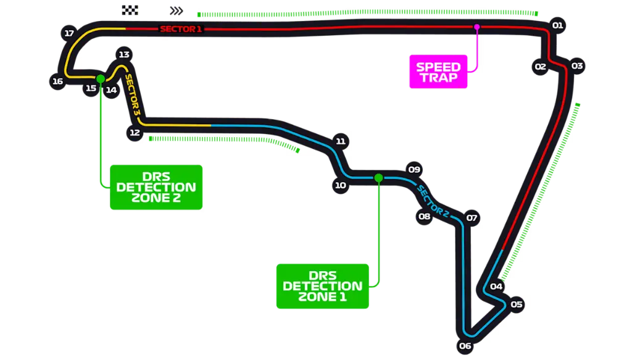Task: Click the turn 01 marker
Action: pos(557,25)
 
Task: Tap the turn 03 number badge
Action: pos(577,65)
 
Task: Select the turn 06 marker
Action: pos(465,346)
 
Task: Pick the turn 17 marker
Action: pos(69,33)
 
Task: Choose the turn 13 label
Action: pos(124,54)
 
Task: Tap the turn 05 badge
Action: pos(516,304)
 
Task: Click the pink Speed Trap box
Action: pos(438,72)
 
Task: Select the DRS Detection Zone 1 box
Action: pos(322,286)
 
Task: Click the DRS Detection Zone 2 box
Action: pos(156,186)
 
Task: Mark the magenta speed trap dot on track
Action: pos(476,27)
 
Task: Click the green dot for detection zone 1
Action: pos(378,178)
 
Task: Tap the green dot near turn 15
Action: pos(99,78)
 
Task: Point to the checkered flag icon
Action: pos(130,10)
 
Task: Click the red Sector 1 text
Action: pos(180,29)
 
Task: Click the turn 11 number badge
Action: pos(340,141)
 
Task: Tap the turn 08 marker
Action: pos(424,216)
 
